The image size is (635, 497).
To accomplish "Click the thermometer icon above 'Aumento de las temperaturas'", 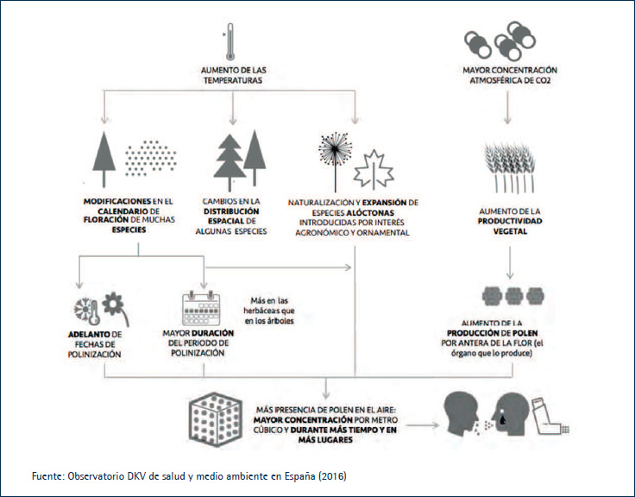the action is (230, 41).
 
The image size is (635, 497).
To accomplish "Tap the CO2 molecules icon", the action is (500, 41).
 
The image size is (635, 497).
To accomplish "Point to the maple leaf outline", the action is (374, 170).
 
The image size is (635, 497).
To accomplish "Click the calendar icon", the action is (201, 308).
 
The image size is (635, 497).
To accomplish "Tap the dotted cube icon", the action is (216, 419).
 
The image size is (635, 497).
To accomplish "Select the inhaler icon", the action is (550, 417).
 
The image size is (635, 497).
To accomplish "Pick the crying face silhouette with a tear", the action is (510, 414).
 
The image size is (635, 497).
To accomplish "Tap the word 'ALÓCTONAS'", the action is (370, 212).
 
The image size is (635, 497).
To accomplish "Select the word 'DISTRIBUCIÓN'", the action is (231, 211).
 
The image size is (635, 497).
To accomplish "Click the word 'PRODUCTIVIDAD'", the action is (510, 221).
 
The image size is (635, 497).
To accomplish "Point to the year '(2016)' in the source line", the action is (332, 476).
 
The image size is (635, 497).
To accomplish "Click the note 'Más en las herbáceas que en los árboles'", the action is (269, 311).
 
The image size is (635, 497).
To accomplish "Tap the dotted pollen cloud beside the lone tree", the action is (151, 158).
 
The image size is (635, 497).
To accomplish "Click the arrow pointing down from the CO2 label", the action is (507, 107).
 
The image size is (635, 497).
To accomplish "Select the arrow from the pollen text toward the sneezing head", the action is (423, 425).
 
